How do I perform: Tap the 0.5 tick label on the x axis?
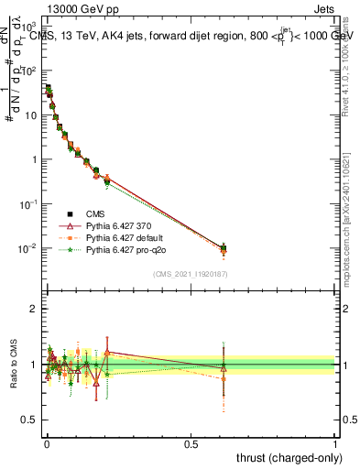point(191,442)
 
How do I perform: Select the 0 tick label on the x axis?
point(47,442)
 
